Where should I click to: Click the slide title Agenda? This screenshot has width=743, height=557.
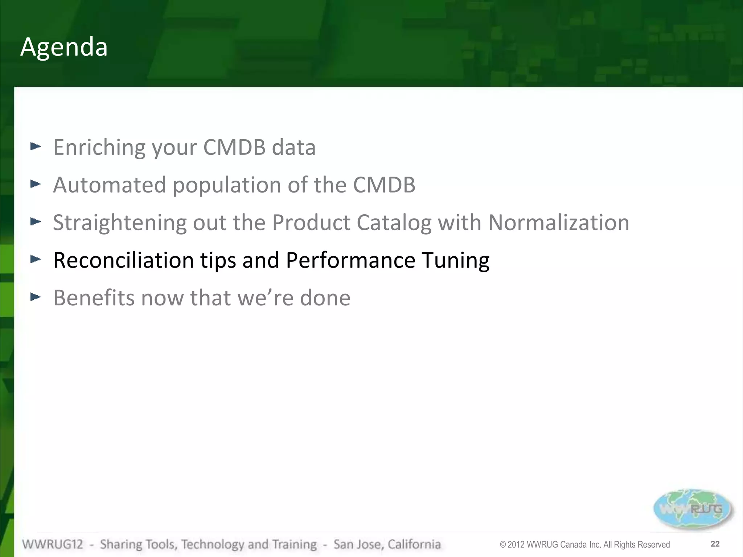[x=64, y=47]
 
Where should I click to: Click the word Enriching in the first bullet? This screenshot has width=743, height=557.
[x=99, y=147]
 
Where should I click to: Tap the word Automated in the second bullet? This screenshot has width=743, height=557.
[x=110, y=185]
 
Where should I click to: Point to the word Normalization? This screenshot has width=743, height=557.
[x=559, y=223]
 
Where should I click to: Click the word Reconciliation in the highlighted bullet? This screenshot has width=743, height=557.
[x=123, y=260]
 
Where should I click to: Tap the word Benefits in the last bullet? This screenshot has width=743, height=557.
[x=94, y=298]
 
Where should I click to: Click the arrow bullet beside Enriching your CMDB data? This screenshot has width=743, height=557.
[x=36, y=147]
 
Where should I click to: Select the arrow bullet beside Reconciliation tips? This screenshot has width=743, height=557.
[x=36, y=259]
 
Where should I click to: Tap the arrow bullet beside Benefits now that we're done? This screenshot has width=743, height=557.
[x=36, y=297]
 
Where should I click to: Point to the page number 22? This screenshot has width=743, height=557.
[x=715, y=544]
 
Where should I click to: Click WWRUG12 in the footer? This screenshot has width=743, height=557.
[x=53, y=544]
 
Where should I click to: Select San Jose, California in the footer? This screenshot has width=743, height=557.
[x=387, y=544]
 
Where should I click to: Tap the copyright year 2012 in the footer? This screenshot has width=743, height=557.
[x=516, y=545]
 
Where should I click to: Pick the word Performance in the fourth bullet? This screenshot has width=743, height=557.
[x=350, y=260]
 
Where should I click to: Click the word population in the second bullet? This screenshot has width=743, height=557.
[x=227, y=185]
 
